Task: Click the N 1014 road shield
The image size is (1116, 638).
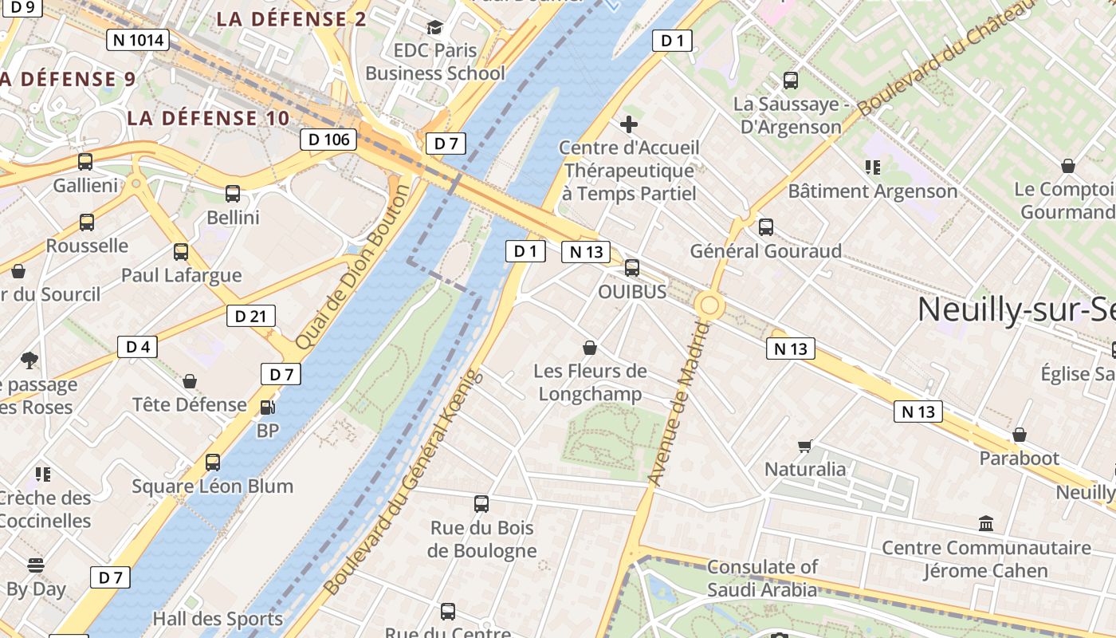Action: pos(138,40)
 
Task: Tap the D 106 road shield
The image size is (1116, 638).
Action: pos(328,140)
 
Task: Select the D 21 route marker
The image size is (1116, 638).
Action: pos(250,316)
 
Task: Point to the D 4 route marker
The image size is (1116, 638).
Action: pos(138,347)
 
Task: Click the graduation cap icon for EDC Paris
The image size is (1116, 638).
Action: pos(434,28)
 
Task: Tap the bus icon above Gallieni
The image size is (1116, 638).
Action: pos(85,162)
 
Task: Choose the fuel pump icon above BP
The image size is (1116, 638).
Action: pos(268,408)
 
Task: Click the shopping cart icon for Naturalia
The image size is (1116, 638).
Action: pos(805,446)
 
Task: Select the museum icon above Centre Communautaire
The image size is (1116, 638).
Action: pos(986,524)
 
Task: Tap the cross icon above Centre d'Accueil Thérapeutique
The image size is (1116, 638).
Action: pos(629,124)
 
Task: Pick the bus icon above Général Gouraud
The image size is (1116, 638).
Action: pos(766,227)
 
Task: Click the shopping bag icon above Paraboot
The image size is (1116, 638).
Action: pos(1020,435)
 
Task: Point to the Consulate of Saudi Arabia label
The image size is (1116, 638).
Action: pos(762,578)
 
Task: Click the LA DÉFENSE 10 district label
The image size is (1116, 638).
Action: pos(208,118)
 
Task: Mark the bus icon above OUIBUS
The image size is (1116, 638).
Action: pos(632,268)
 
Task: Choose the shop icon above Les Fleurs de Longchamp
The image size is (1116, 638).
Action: pos(590,348)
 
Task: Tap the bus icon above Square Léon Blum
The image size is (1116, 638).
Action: pos(213,463)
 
